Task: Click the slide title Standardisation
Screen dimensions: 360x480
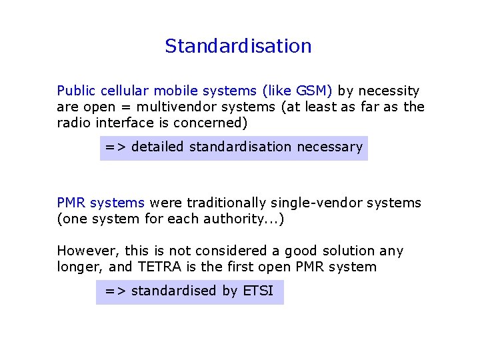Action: click(x=238, y=46)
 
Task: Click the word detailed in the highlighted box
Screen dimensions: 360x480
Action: click(x=157, y=147)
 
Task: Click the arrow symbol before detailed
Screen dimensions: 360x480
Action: click(x=115, y=147)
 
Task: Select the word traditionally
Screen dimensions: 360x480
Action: click(x=221, y=203)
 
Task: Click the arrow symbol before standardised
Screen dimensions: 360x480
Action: click(x=115, y=291)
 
